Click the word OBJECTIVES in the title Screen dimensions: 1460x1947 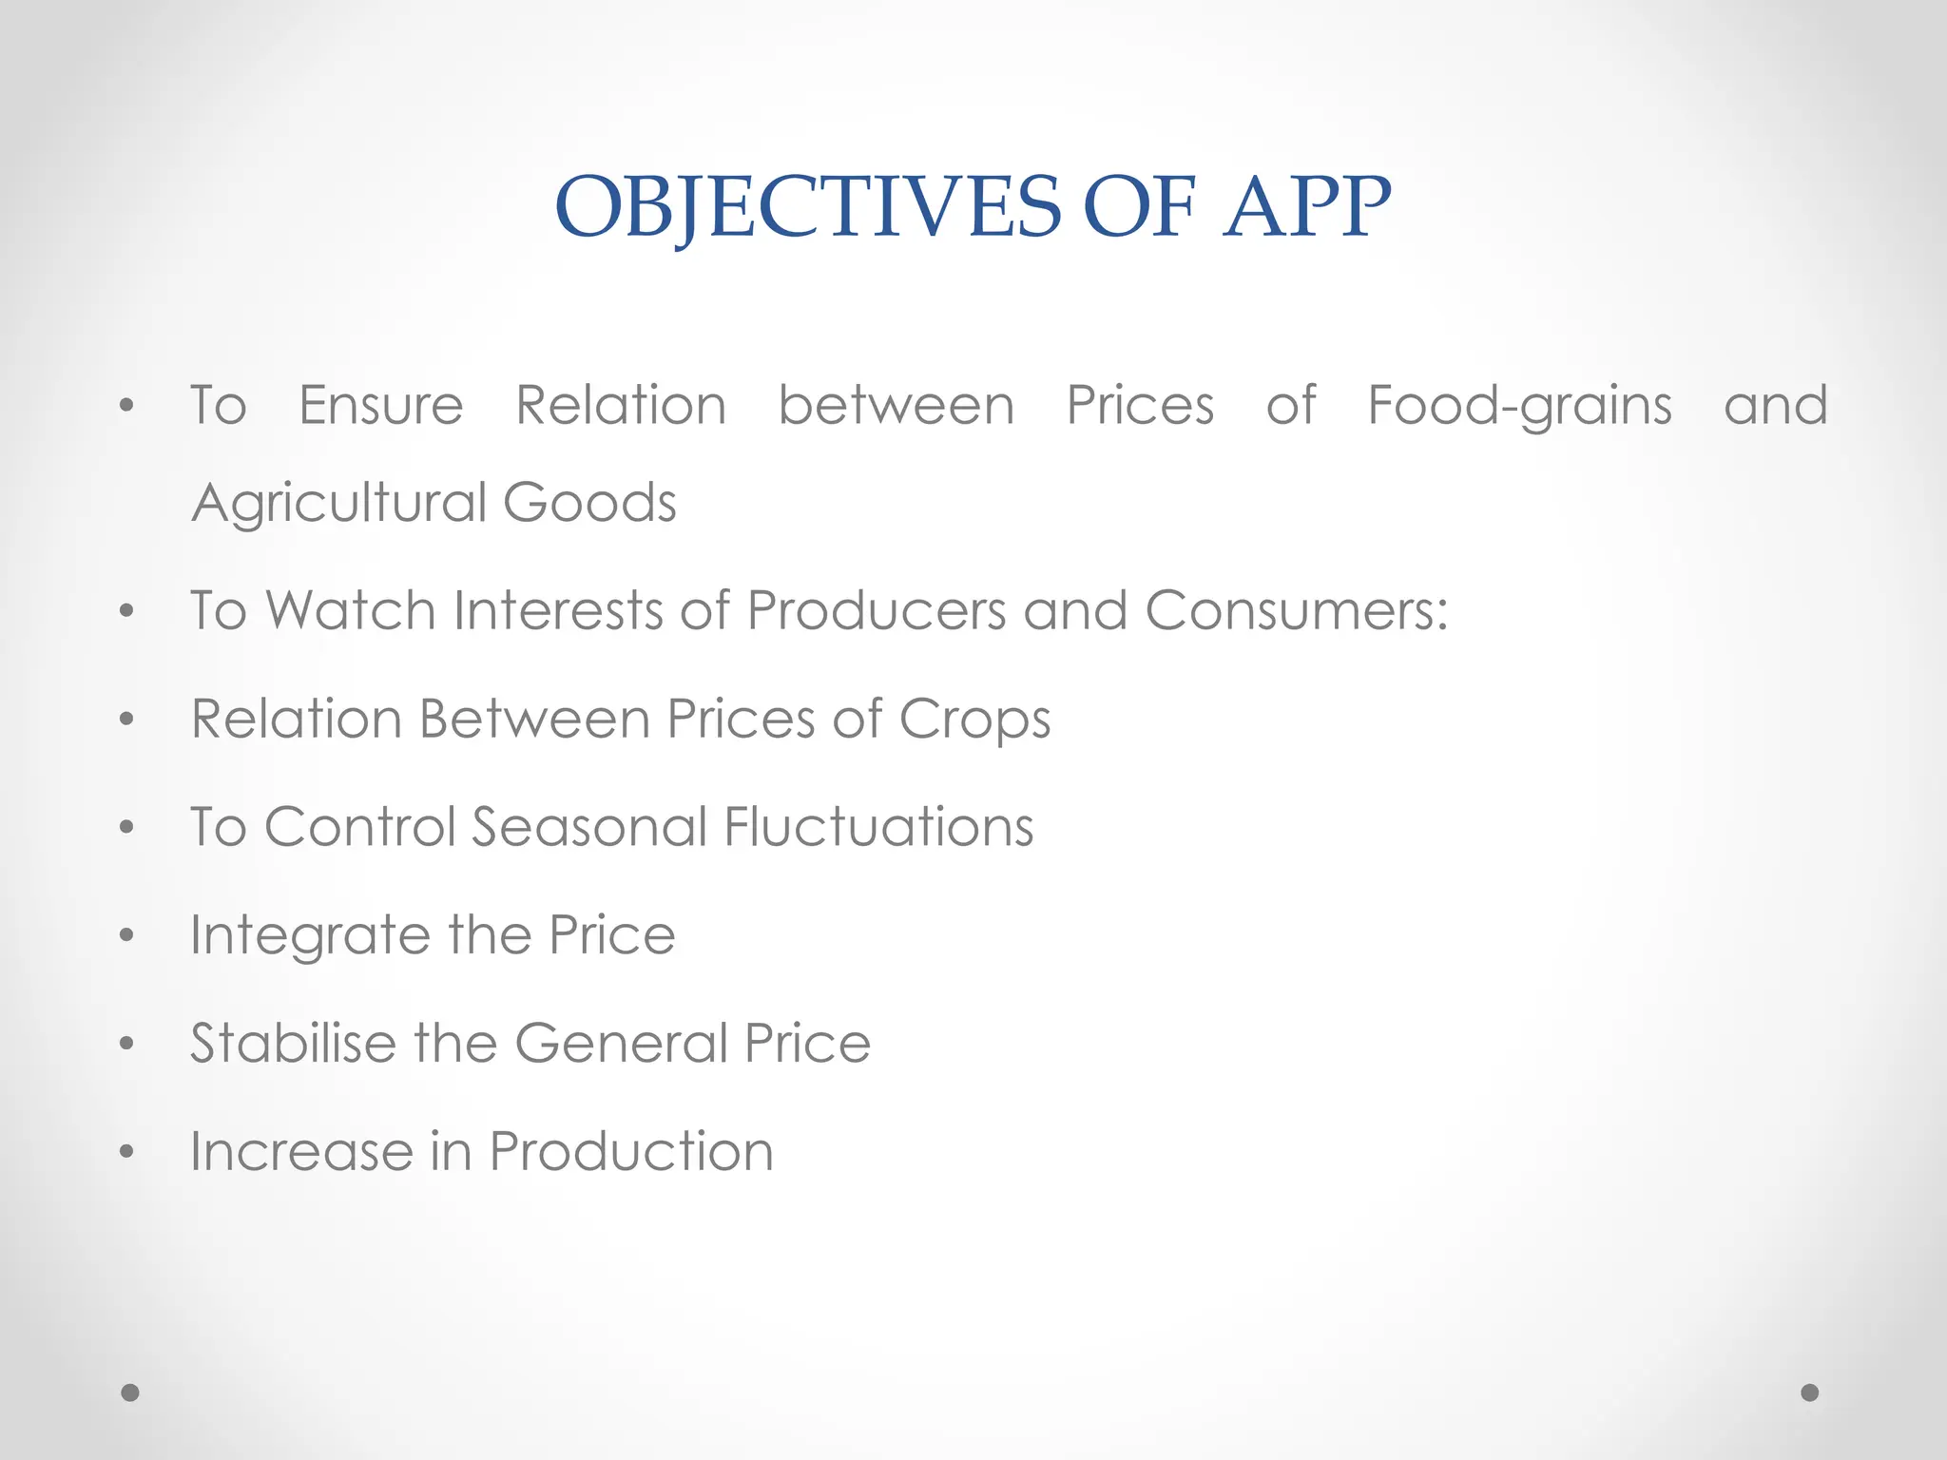807,207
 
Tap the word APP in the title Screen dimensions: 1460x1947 1307,207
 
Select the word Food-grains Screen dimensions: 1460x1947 1519,407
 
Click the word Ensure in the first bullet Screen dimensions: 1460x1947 381,406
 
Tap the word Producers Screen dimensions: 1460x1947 876,609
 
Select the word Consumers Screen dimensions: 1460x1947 1296,609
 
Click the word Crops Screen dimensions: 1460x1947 974,720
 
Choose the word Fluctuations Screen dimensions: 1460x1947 878,826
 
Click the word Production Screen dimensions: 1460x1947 631,1151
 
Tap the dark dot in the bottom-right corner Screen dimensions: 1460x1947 1810,1393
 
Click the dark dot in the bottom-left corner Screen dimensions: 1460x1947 130,1393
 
